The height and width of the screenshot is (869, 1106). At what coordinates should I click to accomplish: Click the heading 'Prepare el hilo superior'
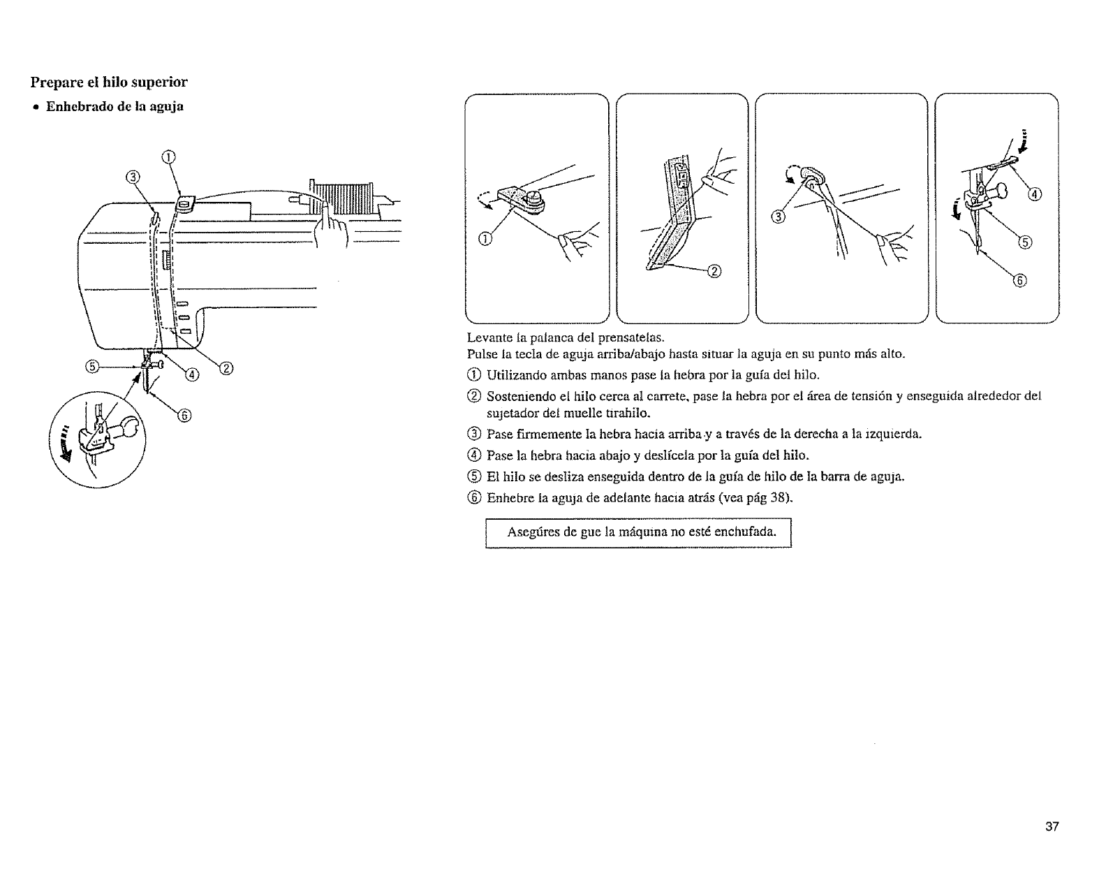point(108,82)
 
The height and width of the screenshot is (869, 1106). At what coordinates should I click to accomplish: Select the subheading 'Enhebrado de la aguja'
point(115,107)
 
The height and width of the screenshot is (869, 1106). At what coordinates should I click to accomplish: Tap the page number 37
point(1052,827)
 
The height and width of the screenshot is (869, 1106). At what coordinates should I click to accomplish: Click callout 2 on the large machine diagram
point(226,368)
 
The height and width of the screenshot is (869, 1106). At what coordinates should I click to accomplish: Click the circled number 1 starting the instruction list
point(477,376)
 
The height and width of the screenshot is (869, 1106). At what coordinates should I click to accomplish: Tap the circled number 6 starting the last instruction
point(477,498)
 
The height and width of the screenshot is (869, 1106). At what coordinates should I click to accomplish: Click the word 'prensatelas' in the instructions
point(625,342)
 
